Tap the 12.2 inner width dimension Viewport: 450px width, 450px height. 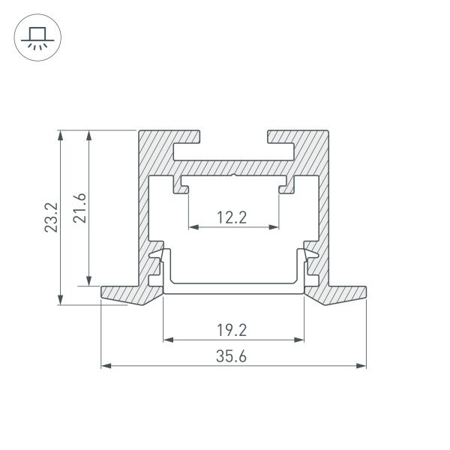tap(232, 218)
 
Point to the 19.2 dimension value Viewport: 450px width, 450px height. tap(232, 329)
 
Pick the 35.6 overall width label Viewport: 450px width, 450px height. tap(232, 356)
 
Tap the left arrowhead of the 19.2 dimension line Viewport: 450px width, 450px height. tap(166, 340)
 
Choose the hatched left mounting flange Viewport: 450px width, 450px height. tap(124, 294)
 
